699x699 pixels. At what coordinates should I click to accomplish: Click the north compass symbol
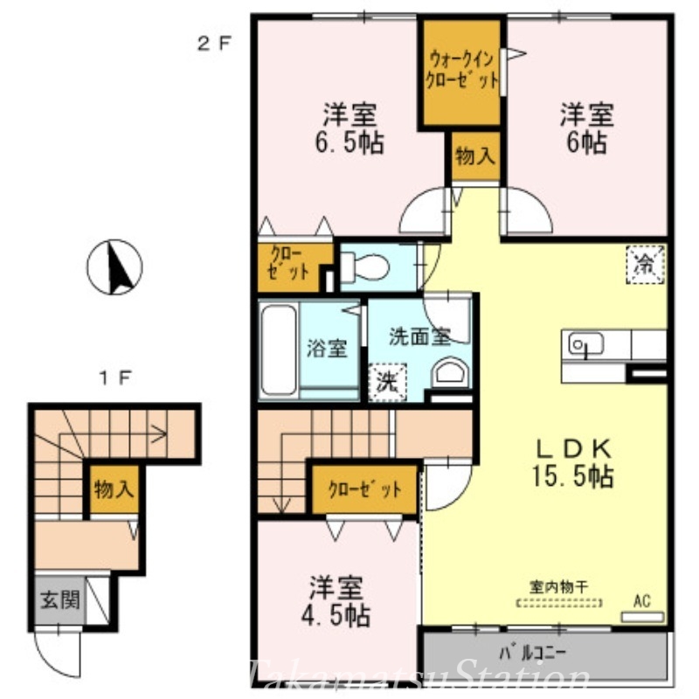pos(115,266)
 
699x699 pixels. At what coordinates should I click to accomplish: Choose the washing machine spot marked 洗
pos(385,381)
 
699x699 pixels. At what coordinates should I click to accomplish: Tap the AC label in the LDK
pos(642,601)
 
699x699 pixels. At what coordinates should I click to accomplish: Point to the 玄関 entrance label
pos(59,599)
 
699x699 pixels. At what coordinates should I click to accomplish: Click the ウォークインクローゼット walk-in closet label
pos(461,70)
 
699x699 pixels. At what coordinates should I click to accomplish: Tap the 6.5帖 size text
pos(352,142)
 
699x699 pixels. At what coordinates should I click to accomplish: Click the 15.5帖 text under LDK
pos(574,476)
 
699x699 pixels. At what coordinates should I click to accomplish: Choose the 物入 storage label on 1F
pos(114,488)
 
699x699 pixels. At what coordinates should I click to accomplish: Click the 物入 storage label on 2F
pos(475,157)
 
